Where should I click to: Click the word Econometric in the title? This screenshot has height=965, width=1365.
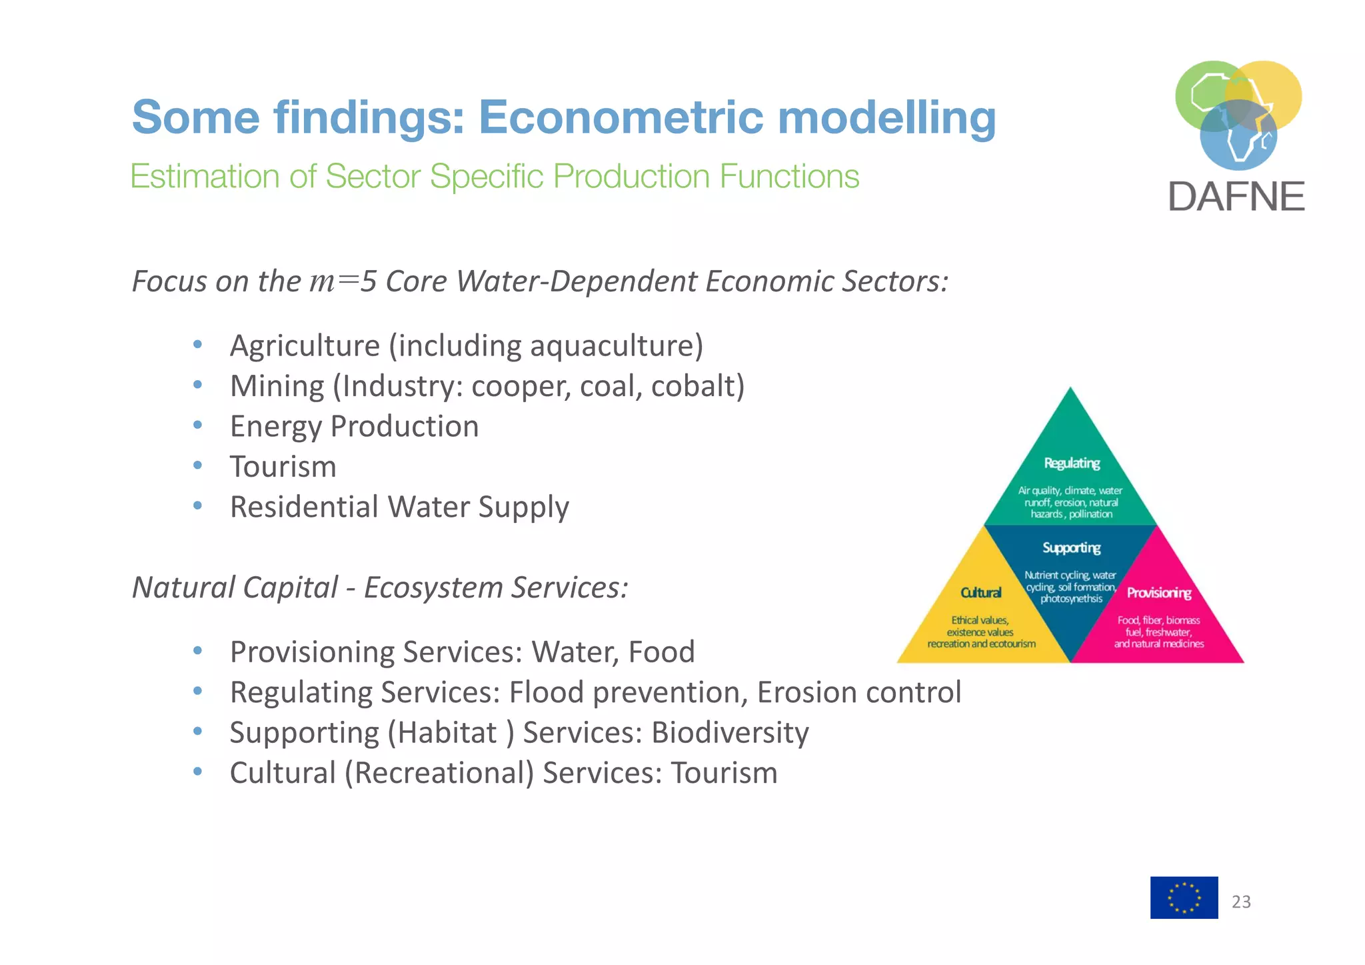tap(621, 117)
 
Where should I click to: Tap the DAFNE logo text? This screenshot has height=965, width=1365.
tap(1236, 197)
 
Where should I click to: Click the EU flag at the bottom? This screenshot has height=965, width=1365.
tap(1184, 897)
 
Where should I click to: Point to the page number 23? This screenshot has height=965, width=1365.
tap(1241, 902)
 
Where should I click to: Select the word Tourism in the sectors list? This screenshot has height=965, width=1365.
tap(283, 466)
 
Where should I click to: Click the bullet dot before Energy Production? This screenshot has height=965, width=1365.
tap(197, 425)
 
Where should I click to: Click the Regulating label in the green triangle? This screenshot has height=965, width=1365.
tap(1071, 463)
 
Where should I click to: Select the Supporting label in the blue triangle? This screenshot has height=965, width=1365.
tap(1071, 548)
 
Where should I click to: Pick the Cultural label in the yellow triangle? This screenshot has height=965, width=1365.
tap(980, 592)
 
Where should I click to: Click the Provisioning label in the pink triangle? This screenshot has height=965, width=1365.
tap(1158, 592)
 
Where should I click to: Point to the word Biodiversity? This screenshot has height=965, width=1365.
tap(730, 732)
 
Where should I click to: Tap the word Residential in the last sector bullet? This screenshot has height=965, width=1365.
tap(304, 507)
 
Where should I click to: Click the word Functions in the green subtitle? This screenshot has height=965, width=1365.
tap(789, 177)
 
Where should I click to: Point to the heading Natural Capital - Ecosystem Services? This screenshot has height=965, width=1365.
tap(380, 588)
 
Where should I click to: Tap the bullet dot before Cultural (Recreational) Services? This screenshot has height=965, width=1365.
tap(197, 772)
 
